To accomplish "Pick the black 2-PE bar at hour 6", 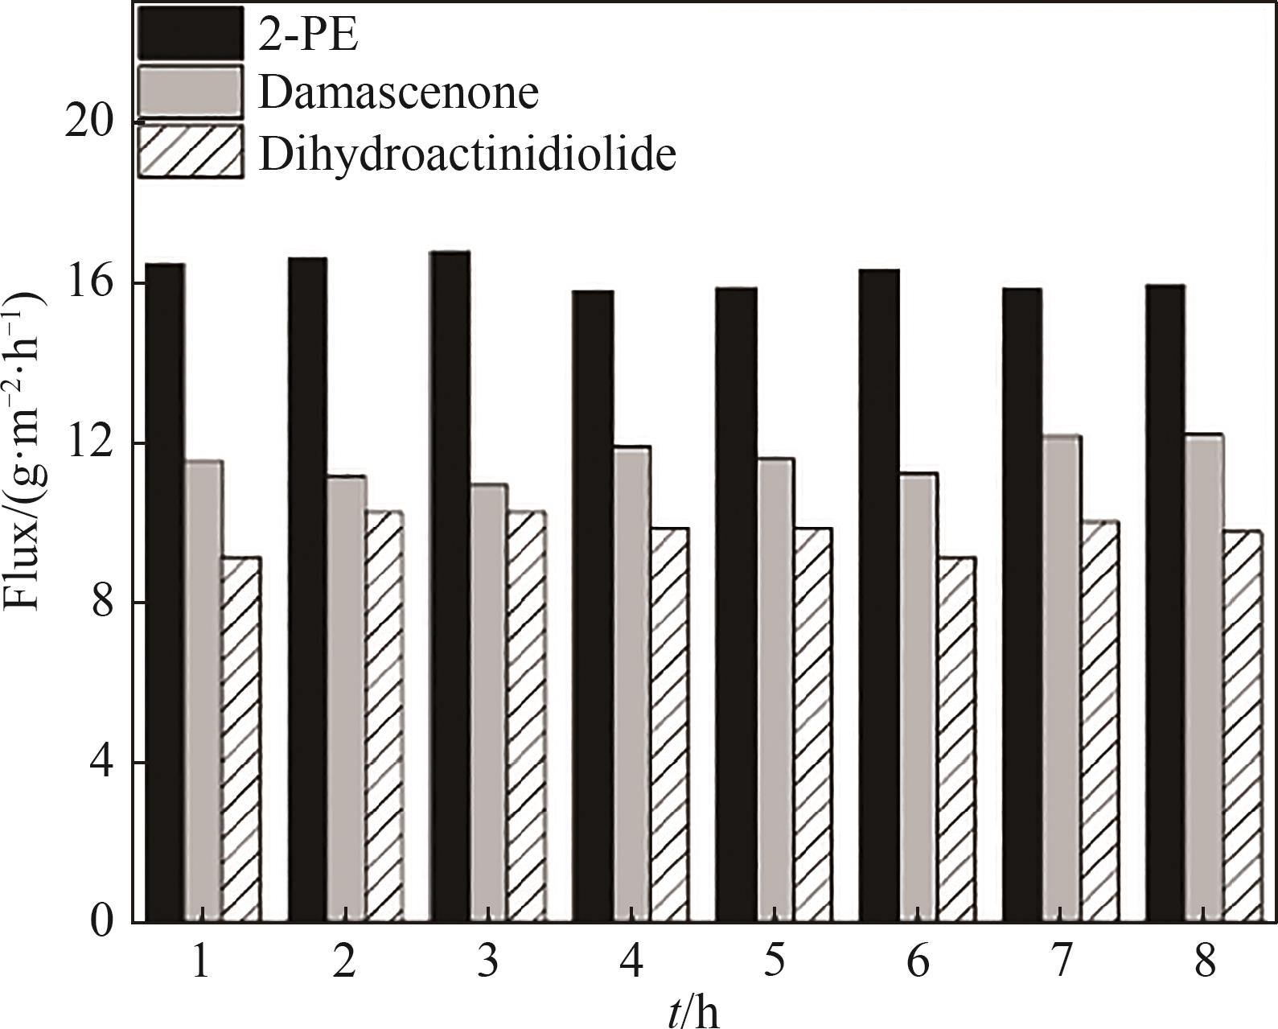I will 879,595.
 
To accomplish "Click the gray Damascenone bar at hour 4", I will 631,684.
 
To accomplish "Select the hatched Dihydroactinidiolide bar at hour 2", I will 384,716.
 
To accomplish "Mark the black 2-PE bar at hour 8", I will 1165,603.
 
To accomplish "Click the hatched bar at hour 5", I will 812,724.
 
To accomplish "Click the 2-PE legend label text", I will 308,36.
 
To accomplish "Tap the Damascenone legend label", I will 398,93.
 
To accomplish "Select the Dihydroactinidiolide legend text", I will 466,153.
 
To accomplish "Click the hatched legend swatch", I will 190,150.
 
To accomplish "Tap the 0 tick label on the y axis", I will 101,922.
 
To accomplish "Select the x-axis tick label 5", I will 774,962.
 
